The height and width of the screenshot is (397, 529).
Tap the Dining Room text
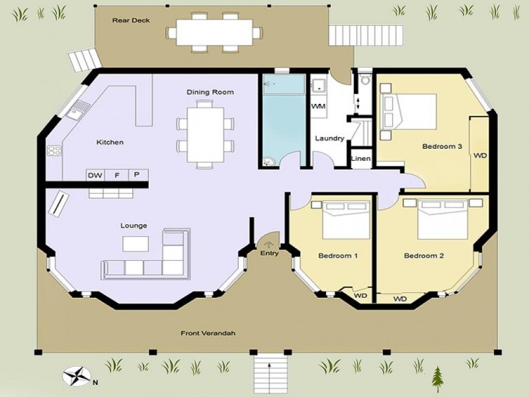[210, 92]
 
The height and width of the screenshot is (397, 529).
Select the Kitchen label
[110, 142]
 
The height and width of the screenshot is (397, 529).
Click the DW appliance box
[95, 175]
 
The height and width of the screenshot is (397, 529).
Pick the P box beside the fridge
[137, 175]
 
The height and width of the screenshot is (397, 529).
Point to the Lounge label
[134, 226]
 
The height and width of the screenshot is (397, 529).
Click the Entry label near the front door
[269, 253]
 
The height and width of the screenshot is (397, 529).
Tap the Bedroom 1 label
[338, 255]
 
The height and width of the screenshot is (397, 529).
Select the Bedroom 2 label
[423, 255]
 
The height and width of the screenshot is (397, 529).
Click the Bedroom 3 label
[442, 146]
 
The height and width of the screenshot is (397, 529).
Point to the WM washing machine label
[318, 106]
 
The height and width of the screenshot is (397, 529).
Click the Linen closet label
[361, 159]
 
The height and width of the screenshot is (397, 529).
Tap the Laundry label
[329, 138]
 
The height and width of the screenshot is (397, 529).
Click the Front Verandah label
[208, 333]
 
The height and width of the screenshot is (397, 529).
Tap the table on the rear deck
[214, 31]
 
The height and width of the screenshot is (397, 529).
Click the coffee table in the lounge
[136, 243]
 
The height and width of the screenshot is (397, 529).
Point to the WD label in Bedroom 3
[479, 156]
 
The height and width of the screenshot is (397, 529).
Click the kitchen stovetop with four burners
[54, 151]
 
